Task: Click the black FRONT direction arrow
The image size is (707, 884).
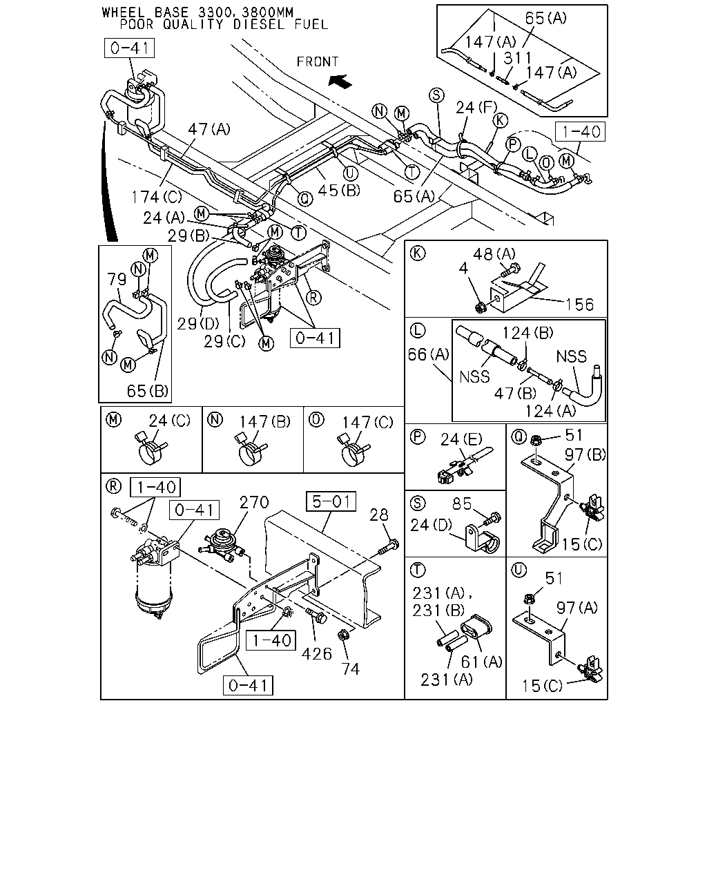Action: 340,81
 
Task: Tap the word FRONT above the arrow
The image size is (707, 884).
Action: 318,62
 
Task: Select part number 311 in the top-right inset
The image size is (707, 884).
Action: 518,58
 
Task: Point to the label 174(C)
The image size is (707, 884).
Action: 157,198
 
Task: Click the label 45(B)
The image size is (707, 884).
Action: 339,190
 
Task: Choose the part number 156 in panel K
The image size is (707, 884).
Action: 580,305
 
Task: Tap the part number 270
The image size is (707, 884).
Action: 254,502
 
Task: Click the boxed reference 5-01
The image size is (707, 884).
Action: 331,501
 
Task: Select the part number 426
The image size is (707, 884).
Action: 317,654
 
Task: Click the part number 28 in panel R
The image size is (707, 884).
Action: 379,515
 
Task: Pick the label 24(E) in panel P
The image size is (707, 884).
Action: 461,439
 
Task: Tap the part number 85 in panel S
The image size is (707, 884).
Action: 462,503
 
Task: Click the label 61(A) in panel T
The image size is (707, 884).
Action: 482,662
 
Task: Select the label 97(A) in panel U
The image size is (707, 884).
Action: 577,608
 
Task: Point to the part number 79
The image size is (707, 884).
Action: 117,279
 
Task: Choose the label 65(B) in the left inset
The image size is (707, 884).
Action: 148,391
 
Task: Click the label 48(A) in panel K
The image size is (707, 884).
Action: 494,254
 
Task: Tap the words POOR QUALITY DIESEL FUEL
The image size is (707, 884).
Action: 224,25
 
